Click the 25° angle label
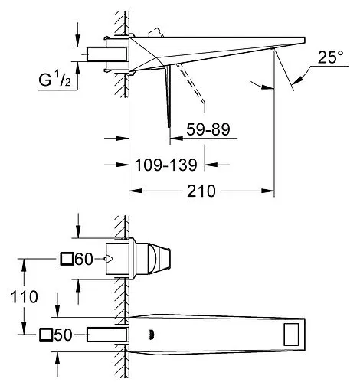[330, 57]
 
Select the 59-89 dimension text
[208, 129]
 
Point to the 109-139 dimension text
[166, 165]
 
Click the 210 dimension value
[201, 191]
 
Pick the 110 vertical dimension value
[24, 297]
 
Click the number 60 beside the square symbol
[84, 259]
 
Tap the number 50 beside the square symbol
[63, 335]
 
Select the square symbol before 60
[67, 259]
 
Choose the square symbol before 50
[46, 335]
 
